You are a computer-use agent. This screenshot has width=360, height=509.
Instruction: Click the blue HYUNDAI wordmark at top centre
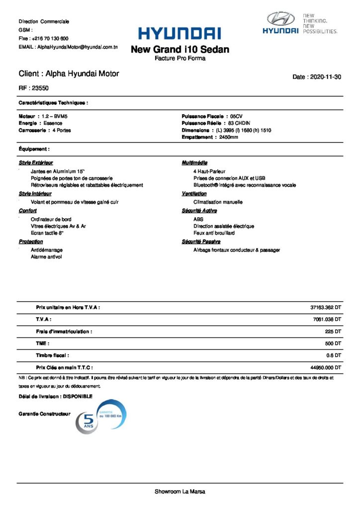click(180, 34)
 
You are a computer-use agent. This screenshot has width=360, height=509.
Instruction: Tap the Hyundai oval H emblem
click(281, 19)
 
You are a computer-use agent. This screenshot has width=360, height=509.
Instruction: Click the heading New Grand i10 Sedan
click(180, 49)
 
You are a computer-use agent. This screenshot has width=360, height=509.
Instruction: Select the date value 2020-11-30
click(325, 77)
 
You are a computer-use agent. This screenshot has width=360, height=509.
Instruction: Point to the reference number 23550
click(40, 88)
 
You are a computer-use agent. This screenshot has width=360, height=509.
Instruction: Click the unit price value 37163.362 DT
click(325, 308)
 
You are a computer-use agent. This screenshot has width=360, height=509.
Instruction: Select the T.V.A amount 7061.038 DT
click(327, 320)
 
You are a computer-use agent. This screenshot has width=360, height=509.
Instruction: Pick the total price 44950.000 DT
click(325, 367)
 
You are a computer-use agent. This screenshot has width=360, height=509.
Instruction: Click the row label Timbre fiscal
click(52, 355)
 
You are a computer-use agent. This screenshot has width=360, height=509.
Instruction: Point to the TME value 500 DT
click(332, 343)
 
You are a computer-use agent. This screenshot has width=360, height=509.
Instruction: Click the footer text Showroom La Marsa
click(180, 492)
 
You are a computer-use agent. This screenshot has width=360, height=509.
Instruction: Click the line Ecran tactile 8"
click(47, 233)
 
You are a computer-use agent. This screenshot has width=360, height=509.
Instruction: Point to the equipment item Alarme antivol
click(47, 257)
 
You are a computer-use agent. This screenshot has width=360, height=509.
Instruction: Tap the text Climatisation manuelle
click(218, 202)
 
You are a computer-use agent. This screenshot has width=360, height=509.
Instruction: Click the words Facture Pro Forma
click(180, 58)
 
